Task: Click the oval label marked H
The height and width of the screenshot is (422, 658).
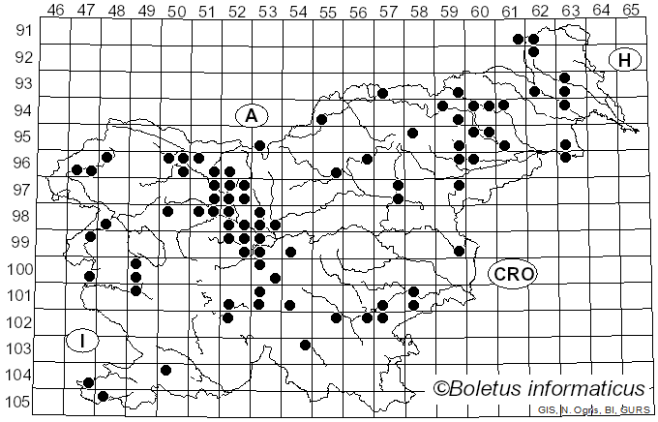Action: click(x=625, y=60)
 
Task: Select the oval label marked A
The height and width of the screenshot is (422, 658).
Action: click(x=251, y=115)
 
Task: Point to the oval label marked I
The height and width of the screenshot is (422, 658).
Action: click(x=83, y=341)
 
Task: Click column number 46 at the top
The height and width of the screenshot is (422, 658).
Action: click(x=56, y=10)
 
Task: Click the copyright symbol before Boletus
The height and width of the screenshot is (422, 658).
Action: click(x=442, y=389)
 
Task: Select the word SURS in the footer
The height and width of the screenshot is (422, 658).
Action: click(x=635, y=411)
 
